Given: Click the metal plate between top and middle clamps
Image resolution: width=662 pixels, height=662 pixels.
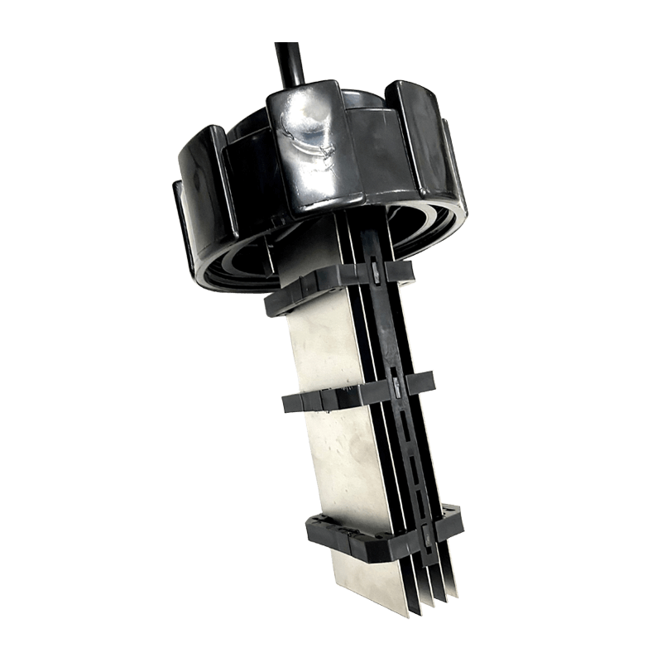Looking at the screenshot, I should tap(323, 348).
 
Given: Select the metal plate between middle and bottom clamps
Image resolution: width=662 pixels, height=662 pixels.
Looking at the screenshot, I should tap(339, 463).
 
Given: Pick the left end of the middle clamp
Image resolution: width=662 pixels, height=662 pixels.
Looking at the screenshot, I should tap(290, 404).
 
